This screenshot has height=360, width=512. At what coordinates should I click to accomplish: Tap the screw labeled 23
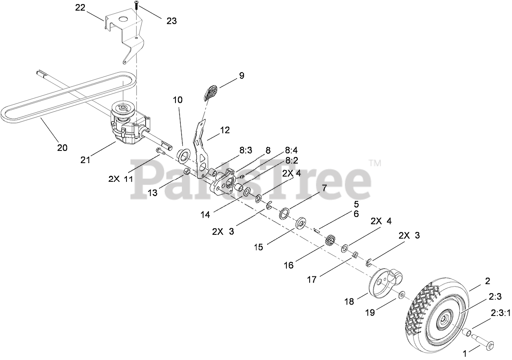point(135,6)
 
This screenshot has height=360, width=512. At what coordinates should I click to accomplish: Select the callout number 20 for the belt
point(62,148)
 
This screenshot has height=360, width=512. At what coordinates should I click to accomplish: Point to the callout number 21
point(85,160)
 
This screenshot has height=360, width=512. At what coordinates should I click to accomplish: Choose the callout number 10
point(177,100)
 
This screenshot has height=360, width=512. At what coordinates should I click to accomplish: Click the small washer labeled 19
point(402,294)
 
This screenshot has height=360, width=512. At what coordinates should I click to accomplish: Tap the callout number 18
point(349,301)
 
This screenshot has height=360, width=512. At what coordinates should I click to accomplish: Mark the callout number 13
point(153,193)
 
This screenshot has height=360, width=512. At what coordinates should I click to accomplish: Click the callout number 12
point(225,130)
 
